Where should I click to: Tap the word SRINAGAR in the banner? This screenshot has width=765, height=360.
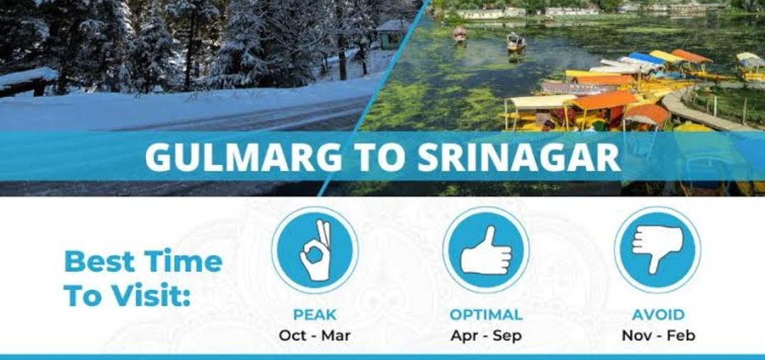coord(519,157)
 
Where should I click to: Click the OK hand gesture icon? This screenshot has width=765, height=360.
coord(315,249)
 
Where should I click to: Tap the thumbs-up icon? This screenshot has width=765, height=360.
coord(486,249)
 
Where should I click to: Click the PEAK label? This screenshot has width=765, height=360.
coord(314,315)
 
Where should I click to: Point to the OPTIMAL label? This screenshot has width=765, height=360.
coord(486,315)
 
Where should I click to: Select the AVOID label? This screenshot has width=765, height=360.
coord(658,315)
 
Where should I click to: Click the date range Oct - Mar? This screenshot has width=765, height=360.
coord(314,336)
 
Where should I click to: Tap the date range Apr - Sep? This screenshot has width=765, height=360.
coord(486,336)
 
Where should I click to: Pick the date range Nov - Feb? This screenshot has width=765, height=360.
coord(658,336)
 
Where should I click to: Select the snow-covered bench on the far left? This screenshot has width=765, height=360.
coord(28,81)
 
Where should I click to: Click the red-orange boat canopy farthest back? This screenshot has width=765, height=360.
coord(691,56)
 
